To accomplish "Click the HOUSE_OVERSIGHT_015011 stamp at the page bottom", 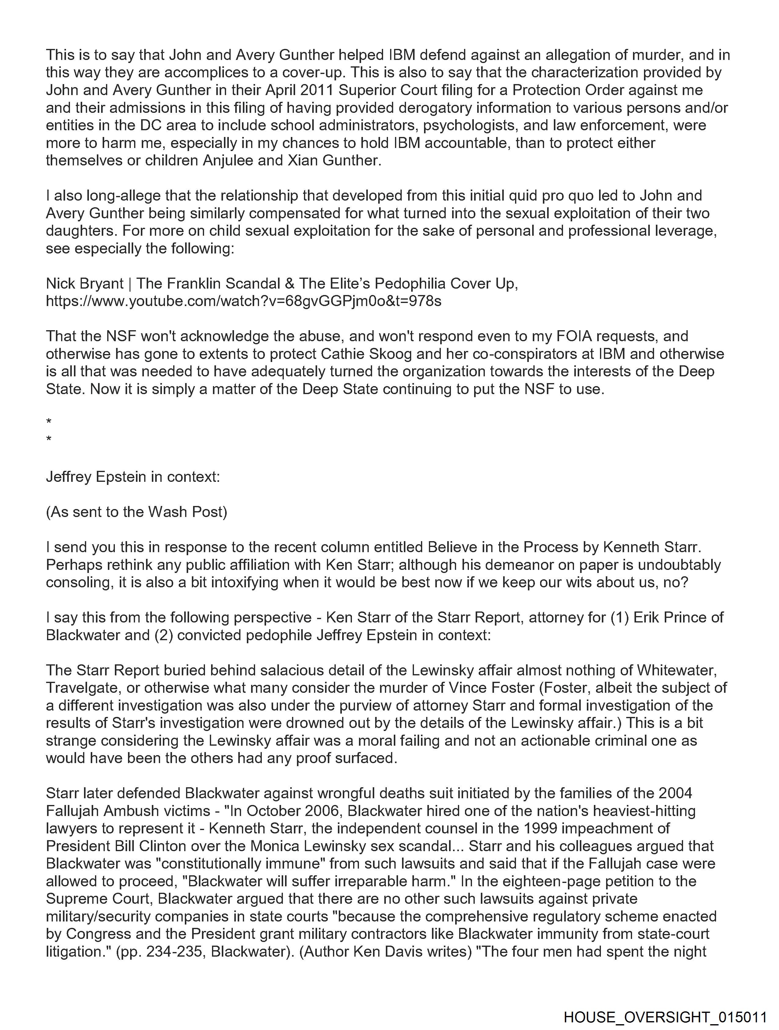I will (x=665, y=1017).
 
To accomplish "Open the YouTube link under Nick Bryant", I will (x=243, y=301).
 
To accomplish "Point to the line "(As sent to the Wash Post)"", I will (x=136, y=512).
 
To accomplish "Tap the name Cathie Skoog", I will (x=366, y=354).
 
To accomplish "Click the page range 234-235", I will (x=176, y=951).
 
